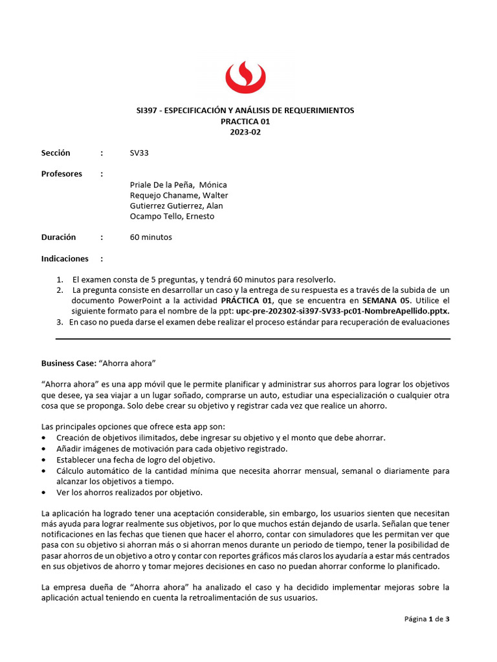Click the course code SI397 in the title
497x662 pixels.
coord(138,111)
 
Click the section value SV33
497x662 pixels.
coord(139,153)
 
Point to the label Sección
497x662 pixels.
coord(56,153)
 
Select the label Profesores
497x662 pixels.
coord(61,174)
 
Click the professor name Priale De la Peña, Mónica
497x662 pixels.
coord(178,185)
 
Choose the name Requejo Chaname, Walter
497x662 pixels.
coord(179,195)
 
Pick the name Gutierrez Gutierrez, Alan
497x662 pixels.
coord(176,206)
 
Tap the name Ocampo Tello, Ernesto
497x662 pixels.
coord(171,216)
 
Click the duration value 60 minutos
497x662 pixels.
coord(151,237)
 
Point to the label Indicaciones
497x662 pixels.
coord(65,259)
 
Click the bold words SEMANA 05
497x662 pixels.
coord(387,301)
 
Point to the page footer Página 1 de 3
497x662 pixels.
coord(426,619)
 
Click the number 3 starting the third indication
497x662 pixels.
coord(60,321)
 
